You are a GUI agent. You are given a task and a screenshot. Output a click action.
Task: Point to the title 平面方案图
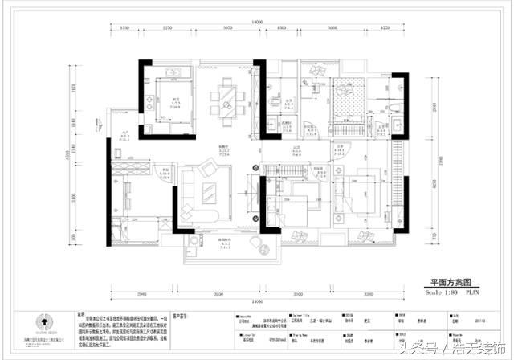tap(453, 283)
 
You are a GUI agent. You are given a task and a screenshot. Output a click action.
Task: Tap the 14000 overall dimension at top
tap(257, 22)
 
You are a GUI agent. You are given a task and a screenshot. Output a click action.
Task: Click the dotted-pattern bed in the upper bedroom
tap(349, 100)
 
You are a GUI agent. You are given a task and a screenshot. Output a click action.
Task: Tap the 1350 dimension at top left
tap(126, 29)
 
